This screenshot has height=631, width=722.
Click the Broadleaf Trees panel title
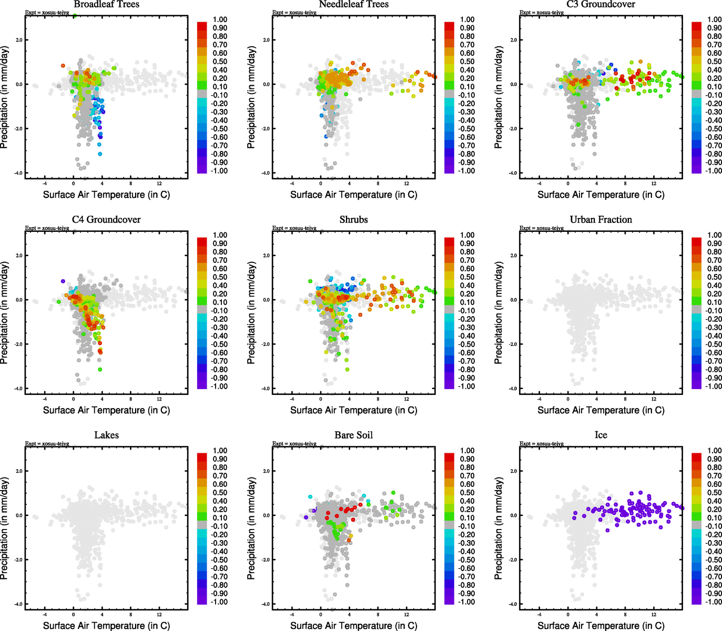coord(106,4)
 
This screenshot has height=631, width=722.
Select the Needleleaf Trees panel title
coord(353,4)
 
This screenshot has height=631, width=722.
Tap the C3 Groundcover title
coord(601,4)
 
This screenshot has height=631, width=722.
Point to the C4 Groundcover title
coord(106,220)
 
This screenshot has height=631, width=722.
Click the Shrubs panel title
coord(353,220)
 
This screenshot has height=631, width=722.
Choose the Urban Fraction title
coord(601,220)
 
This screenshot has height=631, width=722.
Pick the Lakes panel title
coord(106,435)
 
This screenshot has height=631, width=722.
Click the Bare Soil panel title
coord(353,435)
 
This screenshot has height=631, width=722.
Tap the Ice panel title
coord(601,435)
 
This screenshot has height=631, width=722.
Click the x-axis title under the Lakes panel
coord(106,626)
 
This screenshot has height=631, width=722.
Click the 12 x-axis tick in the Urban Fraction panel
coord(654,399)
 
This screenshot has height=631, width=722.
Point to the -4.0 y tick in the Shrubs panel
coord(265,389)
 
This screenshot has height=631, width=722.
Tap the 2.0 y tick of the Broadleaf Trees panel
coord(18,40)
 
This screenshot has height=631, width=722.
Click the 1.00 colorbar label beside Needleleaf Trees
coord(467,19)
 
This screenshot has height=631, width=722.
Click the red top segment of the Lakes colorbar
coord(202,456)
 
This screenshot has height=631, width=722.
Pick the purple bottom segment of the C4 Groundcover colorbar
coord(202,385)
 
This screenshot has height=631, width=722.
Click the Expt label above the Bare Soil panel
coord(294,444)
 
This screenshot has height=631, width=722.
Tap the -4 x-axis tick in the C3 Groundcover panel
coord(539,184)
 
